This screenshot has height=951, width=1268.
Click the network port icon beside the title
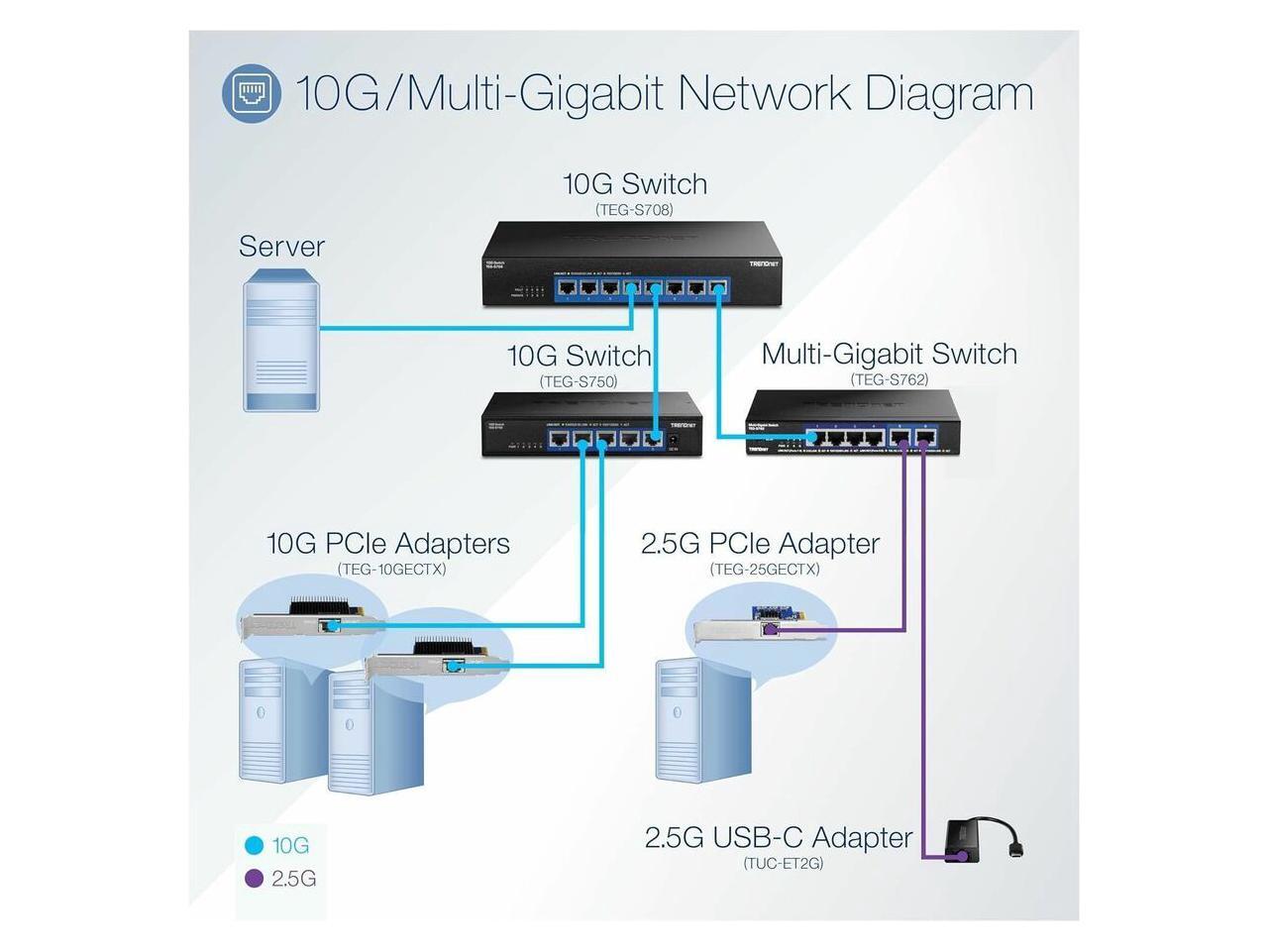[x=251, y=94]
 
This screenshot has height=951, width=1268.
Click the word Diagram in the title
[x=948, y=94]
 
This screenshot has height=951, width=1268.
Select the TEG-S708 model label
[x=634, y=210]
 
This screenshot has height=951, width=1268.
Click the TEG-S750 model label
[x=579, y=381]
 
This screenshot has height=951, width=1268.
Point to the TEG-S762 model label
[x=889, y=379]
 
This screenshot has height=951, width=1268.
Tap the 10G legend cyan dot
[x=255, y=846]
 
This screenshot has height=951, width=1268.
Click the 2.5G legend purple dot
[x=255, y=879]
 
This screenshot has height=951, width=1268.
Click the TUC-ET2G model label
[x=783, y=863]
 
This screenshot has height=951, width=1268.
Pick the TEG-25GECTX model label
[x=765, y=570]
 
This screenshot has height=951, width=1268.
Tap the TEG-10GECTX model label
[x=391, y=570]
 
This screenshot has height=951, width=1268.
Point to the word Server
[x=281, y=247]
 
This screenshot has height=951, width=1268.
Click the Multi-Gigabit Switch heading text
[x=889, y=354]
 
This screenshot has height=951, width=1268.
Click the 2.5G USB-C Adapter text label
[x=779, y=837]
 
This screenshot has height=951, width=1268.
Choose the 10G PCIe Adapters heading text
[x=388, y=543]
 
